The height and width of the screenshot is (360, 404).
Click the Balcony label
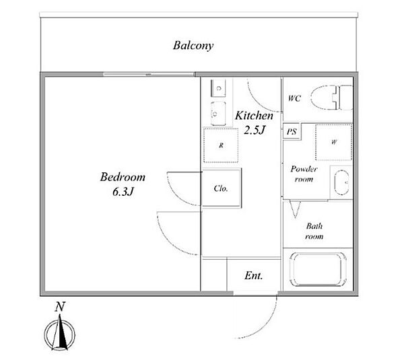point(193,46)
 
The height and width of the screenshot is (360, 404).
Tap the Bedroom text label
point(123,177)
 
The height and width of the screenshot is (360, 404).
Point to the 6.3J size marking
point(123,192)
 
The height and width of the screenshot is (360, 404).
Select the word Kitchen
point(254,115)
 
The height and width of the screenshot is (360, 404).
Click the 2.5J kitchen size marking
point(255,130)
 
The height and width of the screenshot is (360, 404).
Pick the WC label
point(294,98)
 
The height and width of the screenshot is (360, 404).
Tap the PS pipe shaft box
point(292,132)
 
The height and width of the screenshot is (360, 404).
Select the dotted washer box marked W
point(334,142)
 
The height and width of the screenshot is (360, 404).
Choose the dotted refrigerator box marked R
point(221,145)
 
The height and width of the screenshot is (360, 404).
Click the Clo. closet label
point(221,188)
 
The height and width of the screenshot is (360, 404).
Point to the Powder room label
point(304,174)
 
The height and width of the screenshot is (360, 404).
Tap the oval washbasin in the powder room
point(341,182)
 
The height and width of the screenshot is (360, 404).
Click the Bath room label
point(314,231)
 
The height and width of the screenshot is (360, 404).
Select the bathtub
point(318,269)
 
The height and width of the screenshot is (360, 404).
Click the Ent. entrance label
point(254,276)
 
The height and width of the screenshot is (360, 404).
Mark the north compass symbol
point(60,334)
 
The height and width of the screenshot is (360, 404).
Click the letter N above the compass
point(60,307)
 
